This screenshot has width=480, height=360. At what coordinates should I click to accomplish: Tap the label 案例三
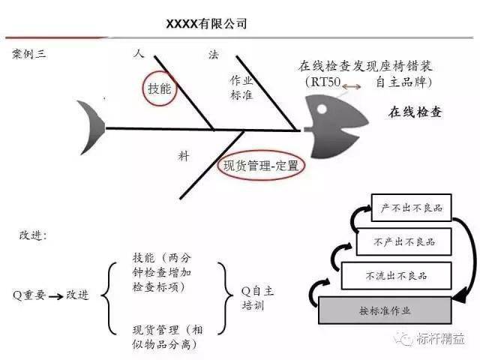[28, 54]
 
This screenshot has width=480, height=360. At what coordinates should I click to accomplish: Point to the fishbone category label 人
[138, 54]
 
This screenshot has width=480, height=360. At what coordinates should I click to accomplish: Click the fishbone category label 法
[212, 55]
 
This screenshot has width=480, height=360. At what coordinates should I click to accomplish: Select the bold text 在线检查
[415, 113]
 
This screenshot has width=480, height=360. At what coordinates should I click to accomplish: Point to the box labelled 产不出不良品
[411, 208]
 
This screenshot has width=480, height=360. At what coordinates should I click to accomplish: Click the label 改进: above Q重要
[34, 235]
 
